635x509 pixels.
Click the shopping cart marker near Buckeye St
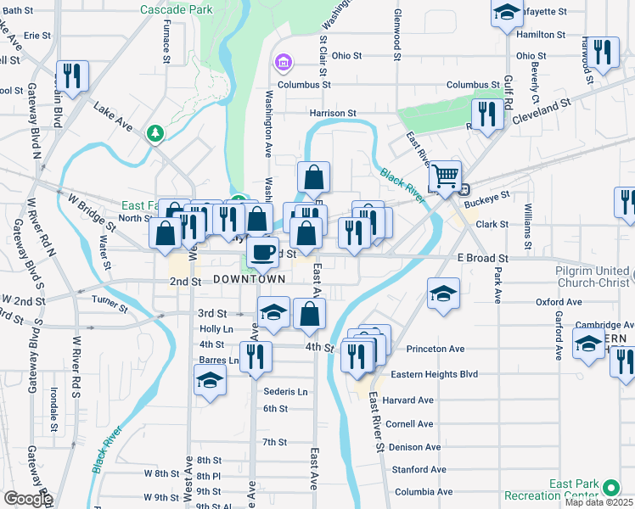446,177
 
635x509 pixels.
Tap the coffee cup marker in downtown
262,252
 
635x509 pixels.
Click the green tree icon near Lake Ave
155,133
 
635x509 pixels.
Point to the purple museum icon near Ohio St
283,62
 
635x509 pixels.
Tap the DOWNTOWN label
249,279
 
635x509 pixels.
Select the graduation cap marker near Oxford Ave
442,294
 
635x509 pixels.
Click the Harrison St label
333,113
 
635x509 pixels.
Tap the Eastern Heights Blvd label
435,374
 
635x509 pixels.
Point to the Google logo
27,498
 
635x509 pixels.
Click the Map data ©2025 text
598,502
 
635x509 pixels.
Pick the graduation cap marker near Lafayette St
507,13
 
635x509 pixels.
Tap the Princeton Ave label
436,349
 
